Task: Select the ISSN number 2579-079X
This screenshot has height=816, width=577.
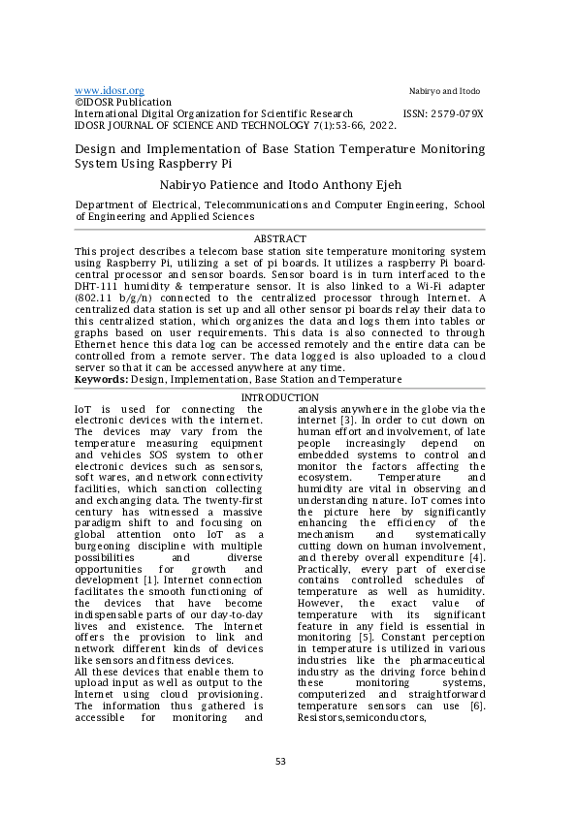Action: click(x=455, y=113)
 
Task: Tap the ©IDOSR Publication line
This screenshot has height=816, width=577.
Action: click(x=123, y=102)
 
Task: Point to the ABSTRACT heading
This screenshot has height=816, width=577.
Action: click(x=279, y=238)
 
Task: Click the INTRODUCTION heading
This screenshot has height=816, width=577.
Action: click(x=279, y=398)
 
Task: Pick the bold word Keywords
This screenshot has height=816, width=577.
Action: click(x=101, y=380)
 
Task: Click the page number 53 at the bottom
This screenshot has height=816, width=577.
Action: click(x=280, y=761)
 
